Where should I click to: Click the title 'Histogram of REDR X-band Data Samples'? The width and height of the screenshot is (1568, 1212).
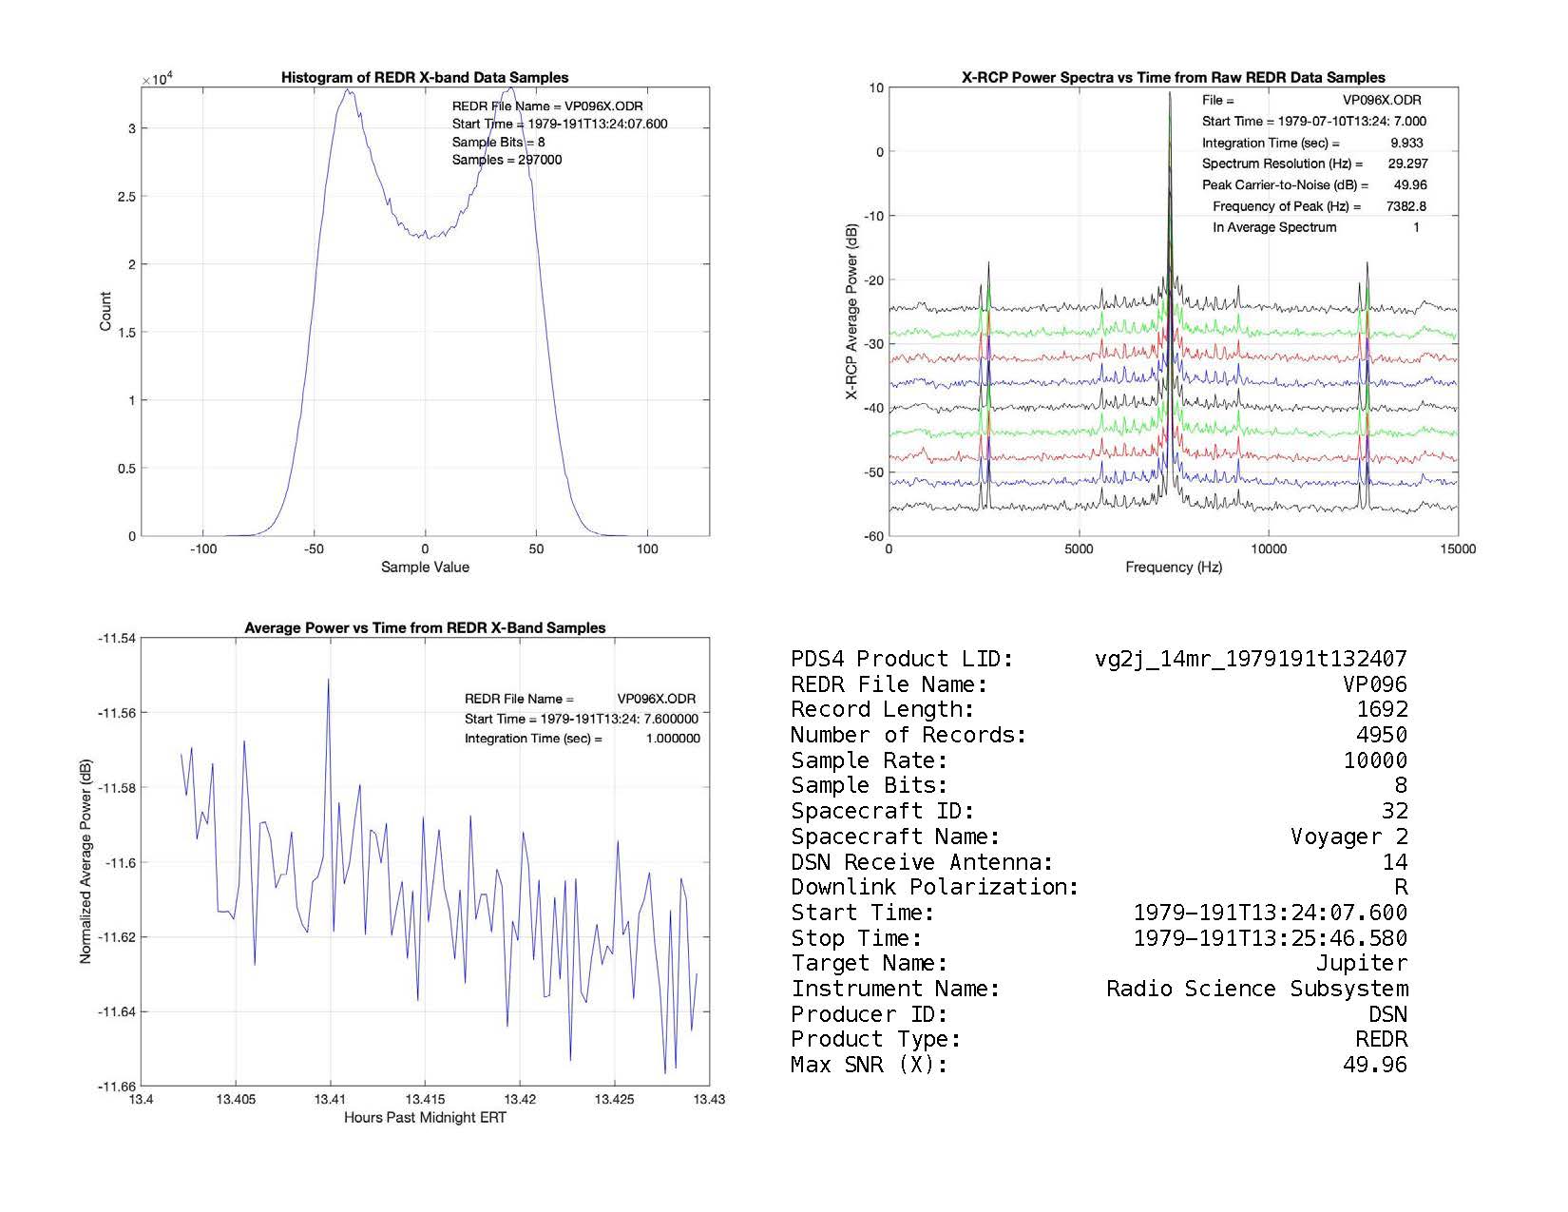pyautogui.click(x=425, y=78)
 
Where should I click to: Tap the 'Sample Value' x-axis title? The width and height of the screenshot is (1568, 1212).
pyautogui.click(x=425, y=568)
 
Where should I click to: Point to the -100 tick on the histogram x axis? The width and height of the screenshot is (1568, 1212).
pyautogui.click(x=202, y=549)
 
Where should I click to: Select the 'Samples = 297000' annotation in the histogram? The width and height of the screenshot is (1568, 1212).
pyautogui.click(x=507, y=160)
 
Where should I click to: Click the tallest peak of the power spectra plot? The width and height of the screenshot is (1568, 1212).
pyautogui.click(x=1170, y=94)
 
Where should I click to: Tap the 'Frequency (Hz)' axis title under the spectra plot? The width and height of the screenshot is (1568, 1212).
pyautogui.click(x=1174, y=568)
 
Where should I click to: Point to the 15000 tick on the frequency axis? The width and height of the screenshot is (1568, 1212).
pyautogui.click(x=1458, y=549)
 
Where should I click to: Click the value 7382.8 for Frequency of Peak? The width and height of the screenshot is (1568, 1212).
pyautogui.click(x=1406, y=206)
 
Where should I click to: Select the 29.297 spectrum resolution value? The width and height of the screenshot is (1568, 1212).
pyautogui.click(x=1407, y=164)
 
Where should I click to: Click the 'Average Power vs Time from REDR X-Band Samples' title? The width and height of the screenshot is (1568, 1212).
pyautogui.click(x=425, y=628)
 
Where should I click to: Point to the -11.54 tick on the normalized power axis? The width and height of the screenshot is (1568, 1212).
pyautogui.click(x=117, y=639)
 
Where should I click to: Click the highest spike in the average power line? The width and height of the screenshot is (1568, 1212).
pyautogui.click(x=329, y=681)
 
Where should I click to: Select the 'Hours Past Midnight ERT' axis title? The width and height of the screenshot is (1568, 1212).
pyautogui.click(x=425, y=1118)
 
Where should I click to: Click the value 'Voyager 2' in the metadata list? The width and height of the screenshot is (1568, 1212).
pyautogui.click(x=1348, y=837)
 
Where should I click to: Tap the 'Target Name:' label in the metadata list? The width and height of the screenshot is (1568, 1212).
pyautogui.click(x=869, y=964)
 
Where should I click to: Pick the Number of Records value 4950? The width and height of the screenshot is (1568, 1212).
pyautogui.click(x=1382, y=735)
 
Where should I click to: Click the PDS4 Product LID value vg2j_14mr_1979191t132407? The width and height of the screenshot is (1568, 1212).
pyautogui.click(x=1251, y=659)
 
